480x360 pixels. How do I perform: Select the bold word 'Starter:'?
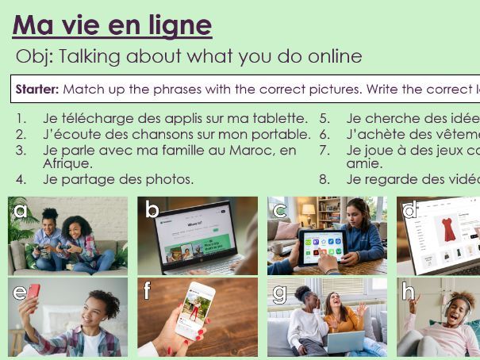37,90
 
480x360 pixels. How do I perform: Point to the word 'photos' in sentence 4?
171,179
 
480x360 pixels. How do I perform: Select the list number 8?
324,179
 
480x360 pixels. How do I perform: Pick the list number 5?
324,119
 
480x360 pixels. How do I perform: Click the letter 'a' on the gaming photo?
21,211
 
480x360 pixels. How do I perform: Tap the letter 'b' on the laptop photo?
152,211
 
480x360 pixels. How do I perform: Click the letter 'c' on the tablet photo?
280,211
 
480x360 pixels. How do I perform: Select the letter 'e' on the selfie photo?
20,292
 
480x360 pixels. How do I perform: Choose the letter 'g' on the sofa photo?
280,293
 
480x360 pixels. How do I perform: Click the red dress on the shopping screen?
449,228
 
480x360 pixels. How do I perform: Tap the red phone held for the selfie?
33,291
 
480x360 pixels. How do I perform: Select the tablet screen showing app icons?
321,247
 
